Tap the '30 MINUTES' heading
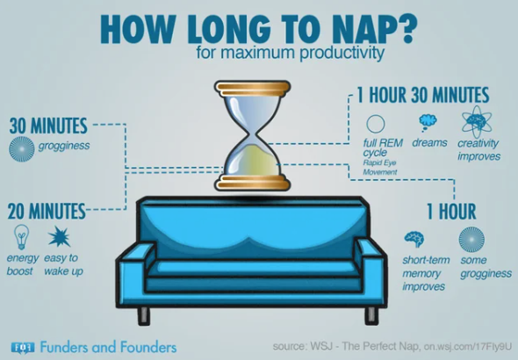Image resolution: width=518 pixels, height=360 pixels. click(x=48, y=126)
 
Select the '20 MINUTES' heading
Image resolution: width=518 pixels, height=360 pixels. click(x=47, y=212)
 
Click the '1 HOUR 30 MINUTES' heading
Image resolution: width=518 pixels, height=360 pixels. click(x=423, y=95)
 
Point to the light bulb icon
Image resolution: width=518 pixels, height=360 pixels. click(x=21, y=237)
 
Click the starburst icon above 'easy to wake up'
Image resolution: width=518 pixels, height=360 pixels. click(x=60, y=236)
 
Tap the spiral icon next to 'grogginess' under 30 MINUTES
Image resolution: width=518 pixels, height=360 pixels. click(x=22, y=149)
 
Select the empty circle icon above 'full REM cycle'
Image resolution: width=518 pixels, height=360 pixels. click(x=376, y=124)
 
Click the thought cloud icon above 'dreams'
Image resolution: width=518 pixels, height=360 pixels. click(x=428, y=122)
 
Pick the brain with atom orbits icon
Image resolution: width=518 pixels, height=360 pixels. click(x=477, y=121)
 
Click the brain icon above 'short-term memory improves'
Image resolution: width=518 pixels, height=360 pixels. click(x=414, y=239)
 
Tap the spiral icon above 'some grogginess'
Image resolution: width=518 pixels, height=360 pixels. click(x=471, y=240)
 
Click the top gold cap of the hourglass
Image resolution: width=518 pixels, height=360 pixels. click(x=253, y=88)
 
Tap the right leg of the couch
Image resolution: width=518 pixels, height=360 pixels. click(x=371, y=315)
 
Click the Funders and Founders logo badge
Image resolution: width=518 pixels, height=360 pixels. click(x=23, y=348)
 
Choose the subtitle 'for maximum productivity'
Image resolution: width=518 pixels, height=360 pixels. click(x=291, y=53)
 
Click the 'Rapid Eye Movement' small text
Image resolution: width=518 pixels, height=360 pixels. click(x=380, y=167)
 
